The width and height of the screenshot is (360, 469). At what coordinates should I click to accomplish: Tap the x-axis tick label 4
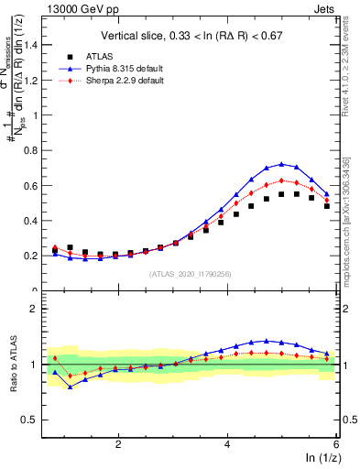227,444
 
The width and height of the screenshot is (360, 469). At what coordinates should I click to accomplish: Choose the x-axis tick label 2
118,444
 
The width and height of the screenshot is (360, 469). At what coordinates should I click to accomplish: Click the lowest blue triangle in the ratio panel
70,387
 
